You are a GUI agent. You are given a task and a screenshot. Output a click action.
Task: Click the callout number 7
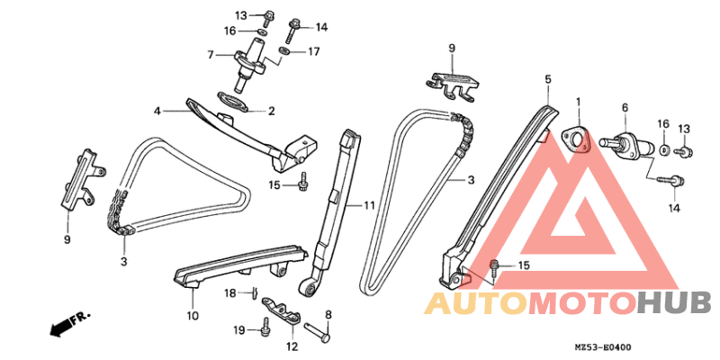coord(211,55)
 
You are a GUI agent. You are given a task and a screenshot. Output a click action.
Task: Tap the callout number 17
coord(313,51)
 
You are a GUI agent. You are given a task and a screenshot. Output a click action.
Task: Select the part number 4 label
coord(157,111)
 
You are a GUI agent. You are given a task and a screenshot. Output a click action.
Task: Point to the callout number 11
coord(370,205)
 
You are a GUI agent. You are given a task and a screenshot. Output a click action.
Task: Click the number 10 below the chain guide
coord(193,316)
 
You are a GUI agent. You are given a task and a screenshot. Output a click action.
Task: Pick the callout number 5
coord(548,79)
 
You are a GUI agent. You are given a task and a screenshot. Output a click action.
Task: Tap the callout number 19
coord(238,329)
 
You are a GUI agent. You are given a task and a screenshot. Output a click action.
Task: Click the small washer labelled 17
coord(284,49)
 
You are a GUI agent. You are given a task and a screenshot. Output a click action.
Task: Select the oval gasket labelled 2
coord(233,101)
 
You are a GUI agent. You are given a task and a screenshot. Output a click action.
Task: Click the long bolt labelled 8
coord(317,331)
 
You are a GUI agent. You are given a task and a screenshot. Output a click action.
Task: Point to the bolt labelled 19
coord(265,325)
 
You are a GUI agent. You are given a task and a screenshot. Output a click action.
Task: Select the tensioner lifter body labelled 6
coord(627,144)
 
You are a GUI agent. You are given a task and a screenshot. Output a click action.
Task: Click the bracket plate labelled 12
coord(282,310)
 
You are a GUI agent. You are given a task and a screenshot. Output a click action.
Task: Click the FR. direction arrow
coord(69,323)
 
